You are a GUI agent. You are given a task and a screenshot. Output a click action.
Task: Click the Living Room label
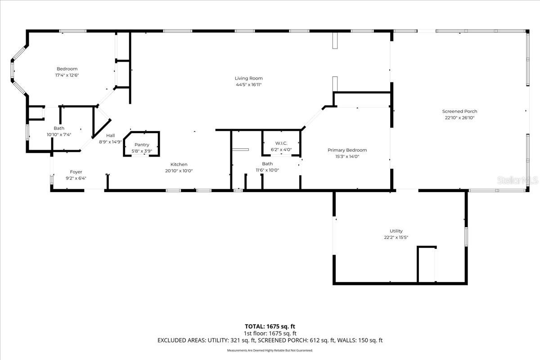(x=249, y=78)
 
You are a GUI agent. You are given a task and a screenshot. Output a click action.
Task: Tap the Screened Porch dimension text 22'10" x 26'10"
(x=459, y=118)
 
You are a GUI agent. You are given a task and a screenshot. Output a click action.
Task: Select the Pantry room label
(x=142, y=145)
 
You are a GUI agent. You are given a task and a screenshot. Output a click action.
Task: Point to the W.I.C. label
(x=282, y=143)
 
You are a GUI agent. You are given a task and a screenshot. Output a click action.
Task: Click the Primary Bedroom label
(x=347, y=150)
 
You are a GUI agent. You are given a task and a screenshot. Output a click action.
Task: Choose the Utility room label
(x=396, y=231)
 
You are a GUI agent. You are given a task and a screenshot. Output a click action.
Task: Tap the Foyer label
(x=76, y=172)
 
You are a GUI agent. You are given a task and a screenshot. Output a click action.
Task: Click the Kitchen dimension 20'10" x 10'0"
(x=179, y=171)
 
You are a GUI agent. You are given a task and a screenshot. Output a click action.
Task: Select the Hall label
(x=110, y=135)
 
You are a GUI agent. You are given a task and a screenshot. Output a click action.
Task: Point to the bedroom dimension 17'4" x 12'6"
(x=67, y=75)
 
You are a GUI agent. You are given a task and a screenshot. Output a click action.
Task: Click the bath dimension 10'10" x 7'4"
(x=59, y=135)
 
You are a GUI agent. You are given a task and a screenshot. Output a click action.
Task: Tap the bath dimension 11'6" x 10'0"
(x=267, y=170)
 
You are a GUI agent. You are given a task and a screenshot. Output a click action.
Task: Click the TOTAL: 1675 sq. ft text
(x=270, y=326)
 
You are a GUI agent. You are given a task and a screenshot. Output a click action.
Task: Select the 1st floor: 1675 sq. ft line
(x=270, y=333)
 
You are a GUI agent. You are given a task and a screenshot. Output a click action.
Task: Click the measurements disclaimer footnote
(x=270, y=350)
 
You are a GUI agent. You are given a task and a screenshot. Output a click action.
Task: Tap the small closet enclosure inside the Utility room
(x=427, y=265)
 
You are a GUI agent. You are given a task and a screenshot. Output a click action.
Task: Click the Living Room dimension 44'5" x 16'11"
(x=249, y=85)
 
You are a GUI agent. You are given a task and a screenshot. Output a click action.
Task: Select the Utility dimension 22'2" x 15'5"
(x=396, y=238)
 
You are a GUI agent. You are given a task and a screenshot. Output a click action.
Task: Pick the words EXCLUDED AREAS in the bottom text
(x=179, y=341)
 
